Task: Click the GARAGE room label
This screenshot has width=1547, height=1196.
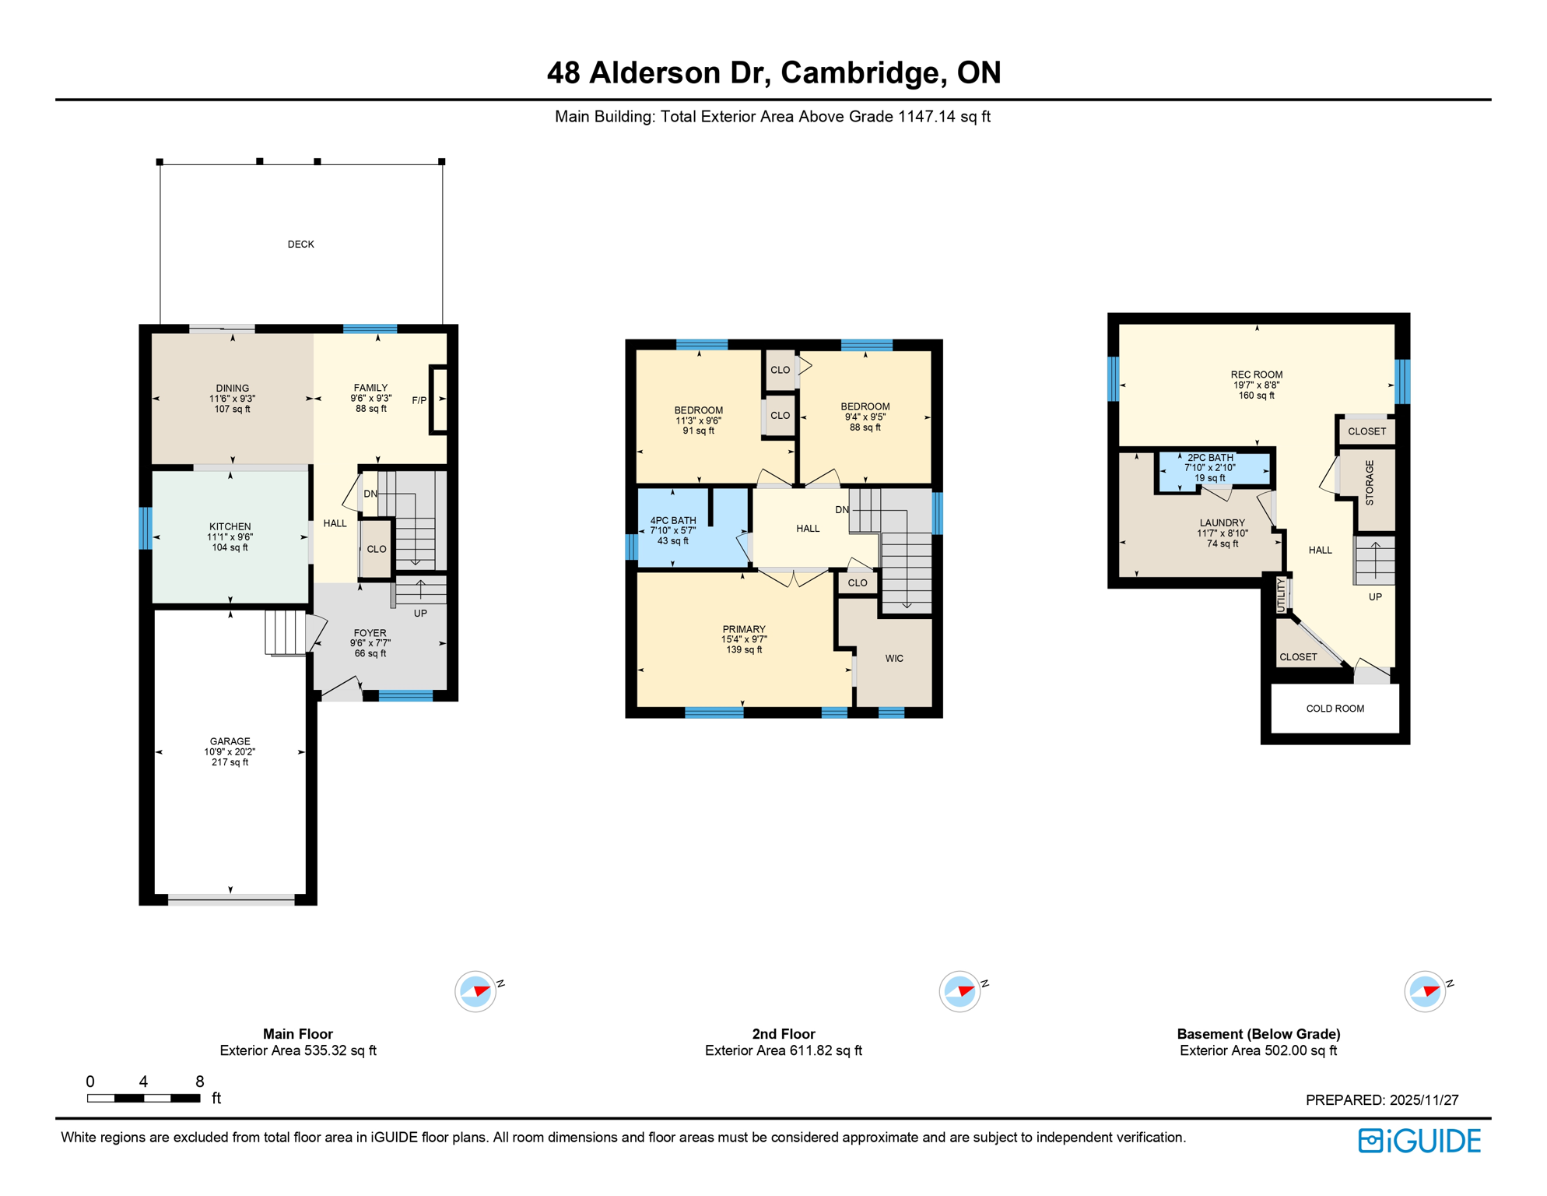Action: (230, 741)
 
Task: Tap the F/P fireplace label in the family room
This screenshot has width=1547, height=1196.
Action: (419, 400)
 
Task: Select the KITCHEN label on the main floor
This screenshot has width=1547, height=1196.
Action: (230, 526)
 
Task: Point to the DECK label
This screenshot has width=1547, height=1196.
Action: (300, 244)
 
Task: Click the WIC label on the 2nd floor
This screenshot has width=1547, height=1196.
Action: (894, 659)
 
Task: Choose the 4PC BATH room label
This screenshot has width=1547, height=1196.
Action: (673, 520)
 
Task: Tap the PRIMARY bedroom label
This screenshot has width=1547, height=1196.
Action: (744, 629)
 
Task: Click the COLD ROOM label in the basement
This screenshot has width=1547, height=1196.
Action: (1335, 709)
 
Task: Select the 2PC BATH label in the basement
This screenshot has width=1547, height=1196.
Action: (1210, 458)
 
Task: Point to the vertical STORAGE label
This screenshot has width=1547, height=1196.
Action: (1370, 483)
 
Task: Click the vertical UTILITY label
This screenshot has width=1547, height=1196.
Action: (1282, 595)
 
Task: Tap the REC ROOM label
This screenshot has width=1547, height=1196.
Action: (1257, 375)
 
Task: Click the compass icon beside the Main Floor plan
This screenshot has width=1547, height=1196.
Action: (475, 991)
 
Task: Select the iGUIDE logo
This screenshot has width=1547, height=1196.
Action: (1419, 1141)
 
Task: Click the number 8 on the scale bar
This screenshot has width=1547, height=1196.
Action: (200, 1082)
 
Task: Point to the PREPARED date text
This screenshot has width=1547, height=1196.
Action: (1382, 1100)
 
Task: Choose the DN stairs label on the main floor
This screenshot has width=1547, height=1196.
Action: (370, 494)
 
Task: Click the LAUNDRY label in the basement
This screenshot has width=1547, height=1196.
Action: (1222, 522)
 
